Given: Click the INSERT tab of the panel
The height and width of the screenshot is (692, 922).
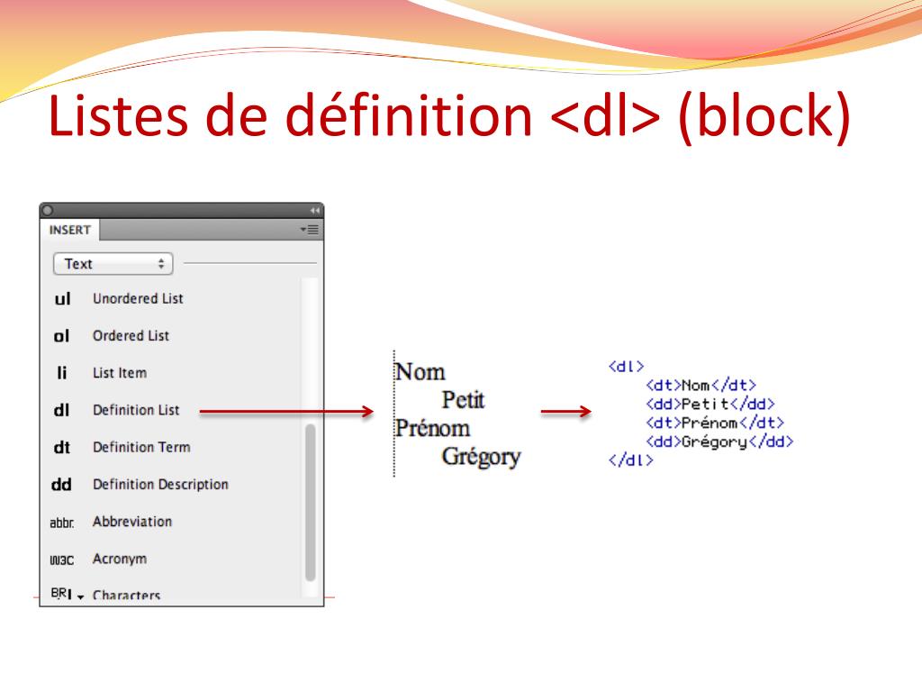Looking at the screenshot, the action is [x=70, y=230].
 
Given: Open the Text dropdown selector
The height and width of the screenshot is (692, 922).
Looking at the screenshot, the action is [x=113, y=264].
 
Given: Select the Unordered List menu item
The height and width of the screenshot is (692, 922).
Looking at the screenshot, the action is [x=138, y=298].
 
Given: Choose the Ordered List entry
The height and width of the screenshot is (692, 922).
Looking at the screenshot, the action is [x=131, y=335].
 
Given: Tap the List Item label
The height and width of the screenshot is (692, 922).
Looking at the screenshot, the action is [x=120, y=372].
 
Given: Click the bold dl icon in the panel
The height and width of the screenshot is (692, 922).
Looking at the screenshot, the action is [x=61, y=410].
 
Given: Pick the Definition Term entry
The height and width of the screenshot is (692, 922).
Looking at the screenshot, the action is [x=141, y=447].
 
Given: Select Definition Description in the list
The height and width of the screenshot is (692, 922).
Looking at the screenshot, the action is [x=160, y=484].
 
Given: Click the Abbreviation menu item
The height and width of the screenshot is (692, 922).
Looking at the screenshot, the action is [x=132, y=522].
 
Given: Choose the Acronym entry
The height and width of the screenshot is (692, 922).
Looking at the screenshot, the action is [x=120, y=559].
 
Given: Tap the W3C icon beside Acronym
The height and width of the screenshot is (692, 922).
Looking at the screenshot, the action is [x=62, y=560].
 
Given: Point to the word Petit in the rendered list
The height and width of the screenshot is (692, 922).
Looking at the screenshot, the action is [x=463, y=399].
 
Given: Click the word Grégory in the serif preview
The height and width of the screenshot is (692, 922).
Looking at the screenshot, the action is [x=481, y=457].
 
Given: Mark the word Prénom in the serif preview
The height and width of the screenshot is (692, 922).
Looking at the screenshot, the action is [x=432, y=428].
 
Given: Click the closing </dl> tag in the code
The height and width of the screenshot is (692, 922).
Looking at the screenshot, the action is [x=631, y=460].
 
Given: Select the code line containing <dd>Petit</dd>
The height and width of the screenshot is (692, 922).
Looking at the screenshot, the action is [x=710, y=405].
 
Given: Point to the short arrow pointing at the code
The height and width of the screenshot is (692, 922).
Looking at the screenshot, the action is [x=565, y=411].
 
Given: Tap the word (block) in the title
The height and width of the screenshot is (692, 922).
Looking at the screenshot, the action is [x=764, y=116].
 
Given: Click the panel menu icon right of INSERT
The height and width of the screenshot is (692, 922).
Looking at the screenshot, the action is [x=310, y=230].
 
